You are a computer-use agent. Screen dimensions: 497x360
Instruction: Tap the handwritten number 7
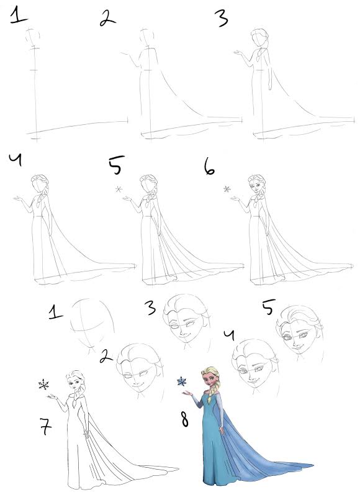point(45,427)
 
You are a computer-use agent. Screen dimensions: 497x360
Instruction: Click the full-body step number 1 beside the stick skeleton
point(18,14)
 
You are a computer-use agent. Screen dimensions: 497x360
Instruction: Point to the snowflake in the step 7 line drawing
point(43,385)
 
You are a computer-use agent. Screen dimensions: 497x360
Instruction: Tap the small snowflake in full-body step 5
point(117,189)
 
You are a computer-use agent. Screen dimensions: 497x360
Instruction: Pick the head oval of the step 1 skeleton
point(34,37)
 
